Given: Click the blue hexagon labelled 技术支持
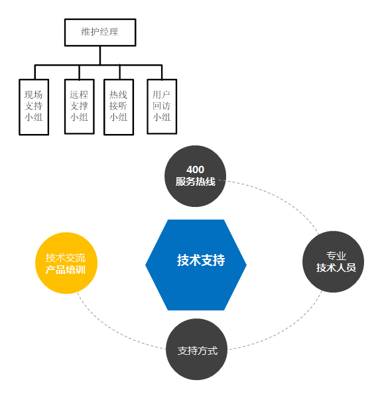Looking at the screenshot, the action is pos(196,265).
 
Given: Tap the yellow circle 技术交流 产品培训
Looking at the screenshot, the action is pos(66,263).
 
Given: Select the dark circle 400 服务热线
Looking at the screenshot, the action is pos(195,176).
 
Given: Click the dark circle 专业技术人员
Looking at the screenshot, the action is pos(333,261).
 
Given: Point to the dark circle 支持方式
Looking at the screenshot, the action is pos(197,350).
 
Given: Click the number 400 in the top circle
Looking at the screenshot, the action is pos(195,169).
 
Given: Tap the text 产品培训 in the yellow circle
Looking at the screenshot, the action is pos(66,269).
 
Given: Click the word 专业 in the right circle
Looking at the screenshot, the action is pos(336,255).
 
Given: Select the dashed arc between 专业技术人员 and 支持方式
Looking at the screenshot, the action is pos(286,330).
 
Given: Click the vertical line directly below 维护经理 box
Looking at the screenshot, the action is pos(100,55).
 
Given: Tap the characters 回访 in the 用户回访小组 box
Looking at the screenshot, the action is pos(162,106).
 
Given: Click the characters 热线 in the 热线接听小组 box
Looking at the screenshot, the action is pos(118,95).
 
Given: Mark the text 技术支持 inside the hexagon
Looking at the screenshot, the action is pos(201,260).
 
